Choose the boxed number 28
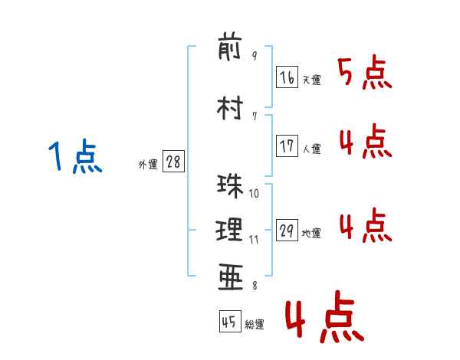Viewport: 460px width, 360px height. (x=173, y=162)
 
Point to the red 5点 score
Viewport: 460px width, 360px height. (x=365, y=74)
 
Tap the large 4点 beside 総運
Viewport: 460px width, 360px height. (x=324, y=320)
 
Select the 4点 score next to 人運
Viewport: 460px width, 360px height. (x=365, y=142)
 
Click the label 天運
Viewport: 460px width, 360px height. (x=311, y=80)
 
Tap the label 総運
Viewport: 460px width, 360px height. (x=255, y=325)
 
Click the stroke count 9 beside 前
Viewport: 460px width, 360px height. (x=255, y=56)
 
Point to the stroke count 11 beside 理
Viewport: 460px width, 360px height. (x=254, y=239)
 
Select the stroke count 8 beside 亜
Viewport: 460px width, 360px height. (x=254, y=286)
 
